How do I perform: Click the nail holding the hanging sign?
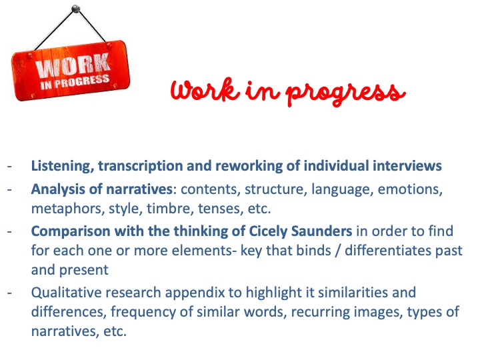click(x=75, y=9)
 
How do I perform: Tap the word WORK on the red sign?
click(x=73, y=65)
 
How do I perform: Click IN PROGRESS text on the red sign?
click(x=75, y=82)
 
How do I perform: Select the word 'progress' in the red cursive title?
click(x=345, y=93)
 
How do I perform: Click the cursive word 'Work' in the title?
click(x=205, y=89)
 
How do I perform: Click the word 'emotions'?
click(x=410, y=189)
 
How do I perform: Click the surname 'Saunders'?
click(x=321, y=231)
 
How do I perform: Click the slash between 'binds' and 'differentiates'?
click(x=337, y=251)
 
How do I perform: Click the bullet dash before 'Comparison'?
click(x=10, y=231)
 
